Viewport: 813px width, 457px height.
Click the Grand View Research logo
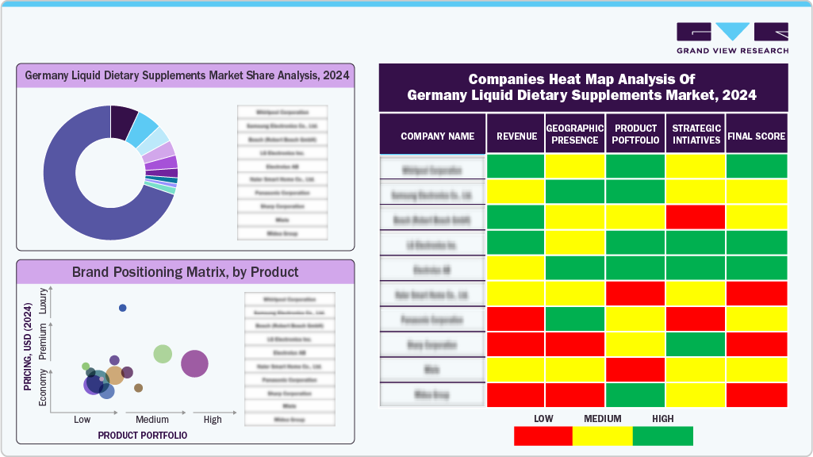pos(732,37)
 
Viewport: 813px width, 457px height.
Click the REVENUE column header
pos(516,136)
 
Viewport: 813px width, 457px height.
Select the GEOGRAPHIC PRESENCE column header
pos(575,135)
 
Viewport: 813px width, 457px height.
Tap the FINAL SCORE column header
pos(757,136)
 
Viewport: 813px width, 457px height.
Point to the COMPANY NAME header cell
pos(432,136)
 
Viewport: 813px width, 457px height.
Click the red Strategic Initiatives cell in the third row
pos(695,217)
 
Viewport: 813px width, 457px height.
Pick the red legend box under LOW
pos(543,436)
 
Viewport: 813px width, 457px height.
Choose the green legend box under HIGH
pos(662,436)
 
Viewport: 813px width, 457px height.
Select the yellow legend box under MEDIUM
pos(603,436)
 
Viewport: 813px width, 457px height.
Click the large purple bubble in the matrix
pos(194,364)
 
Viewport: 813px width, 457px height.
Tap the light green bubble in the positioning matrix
pos(163,354)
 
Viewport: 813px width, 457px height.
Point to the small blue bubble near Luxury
pos(122,308)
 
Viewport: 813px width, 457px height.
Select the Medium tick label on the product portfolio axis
pos(152,420)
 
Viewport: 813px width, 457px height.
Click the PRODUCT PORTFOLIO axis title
pos(143,436)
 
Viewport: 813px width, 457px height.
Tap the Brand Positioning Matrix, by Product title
pos(186,272)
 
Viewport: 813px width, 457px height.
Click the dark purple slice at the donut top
pos(123,120)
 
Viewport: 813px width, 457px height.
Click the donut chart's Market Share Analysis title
pos(186,76)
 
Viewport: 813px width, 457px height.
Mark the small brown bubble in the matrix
pos(139,388)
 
